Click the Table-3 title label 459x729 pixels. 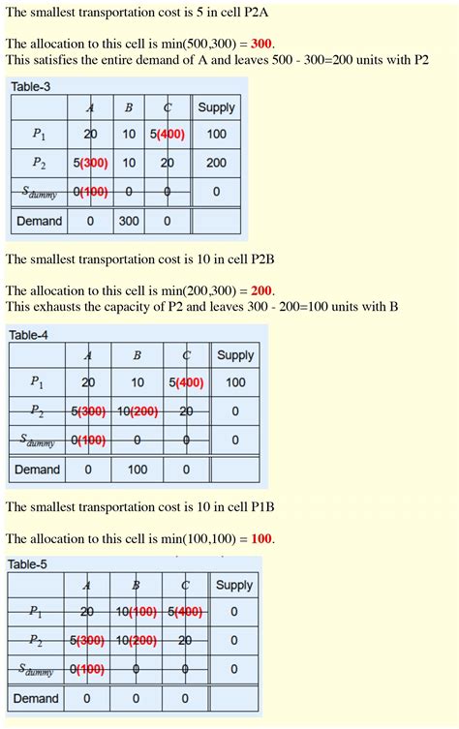31,87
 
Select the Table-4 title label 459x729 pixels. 28,335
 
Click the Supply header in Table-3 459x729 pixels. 216,107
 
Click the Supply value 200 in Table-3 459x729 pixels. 216,164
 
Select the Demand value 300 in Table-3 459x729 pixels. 129,221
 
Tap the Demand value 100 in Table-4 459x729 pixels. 138,470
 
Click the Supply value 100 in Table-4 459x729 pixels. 235,383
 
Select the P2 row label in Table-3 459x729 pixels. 39,164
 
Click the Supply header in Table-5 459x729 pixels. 234,585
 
